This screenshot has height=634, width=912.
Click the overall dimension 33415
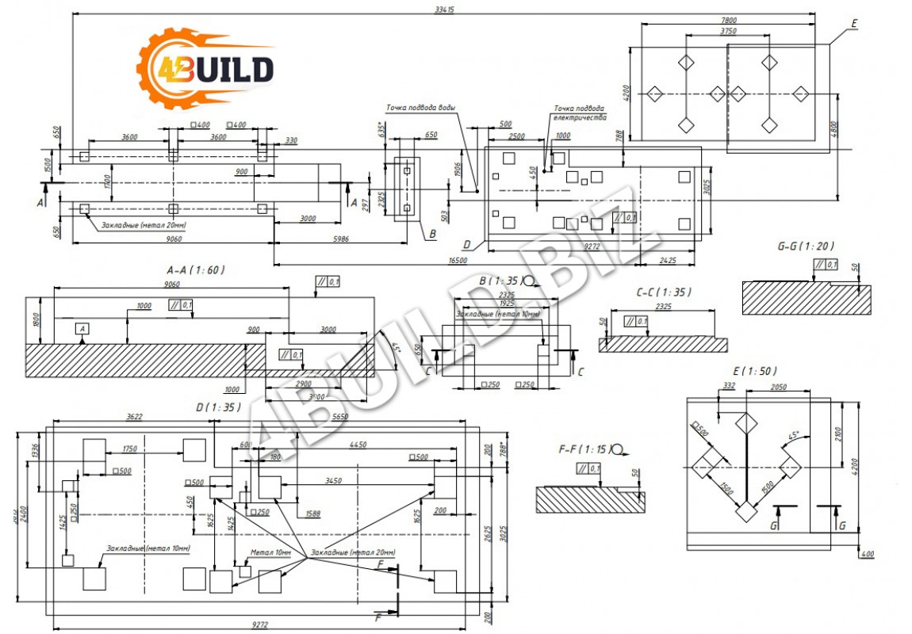(x=444, y=10)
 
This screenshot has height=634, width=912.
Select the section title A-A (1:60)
(x=195, y=270)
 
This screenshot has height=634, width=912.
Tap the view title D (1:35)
(x=218, y=407)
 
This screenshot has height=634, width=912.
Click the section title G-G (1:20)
(x=805, y=246)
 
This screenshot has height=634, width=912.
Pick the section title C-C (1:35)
(x=662, y=292)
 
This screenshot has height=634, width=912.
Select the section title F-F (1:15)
(x=585, y=449)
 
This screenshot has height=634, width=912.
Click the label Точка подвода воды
(x=420, y=108)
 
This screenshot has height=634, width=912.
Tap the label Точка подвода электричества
(x=579, y=113)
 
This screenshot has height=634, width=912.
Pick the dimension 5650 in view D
(x=339, y=417)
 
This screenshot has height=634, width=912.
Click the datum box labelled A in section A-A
(x=82, y=328)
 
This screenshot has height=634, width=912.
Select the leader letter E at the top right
(x=853, y=23)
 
